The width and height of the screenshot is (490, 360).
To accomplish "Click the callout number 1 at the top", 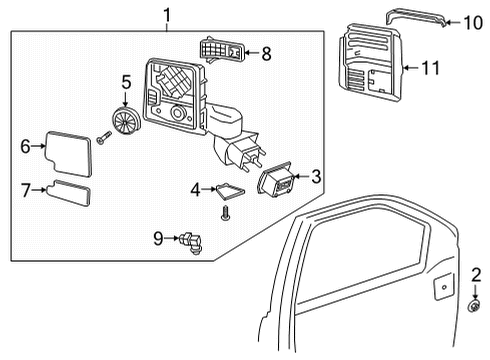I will pyautogui.click(x=167, y=14).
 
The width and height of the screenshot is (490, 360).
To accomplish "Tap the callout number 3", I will pyautogui.click(x=315, y=177).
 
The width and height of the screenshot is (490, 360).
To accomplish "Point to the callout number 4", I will pyautogui.click(x=195, y=188).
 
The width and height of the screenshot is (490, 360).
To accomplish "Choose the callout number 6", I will pyautogui.click(x=26, y=146).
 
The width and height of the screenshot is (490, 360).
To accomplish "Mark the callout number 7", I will pyautogui.click(x=26, y=187).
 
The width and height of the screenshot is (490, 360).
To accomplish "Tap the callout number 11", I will pyautogui.click(x=431, y=68).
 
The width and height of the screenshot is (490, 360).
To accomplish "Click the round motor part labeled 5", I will pyautogui.click(x=126, y=122).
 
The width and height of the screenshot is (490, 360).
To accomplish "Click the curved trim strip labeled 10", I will pyautogui.click(x=416, y=16).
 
